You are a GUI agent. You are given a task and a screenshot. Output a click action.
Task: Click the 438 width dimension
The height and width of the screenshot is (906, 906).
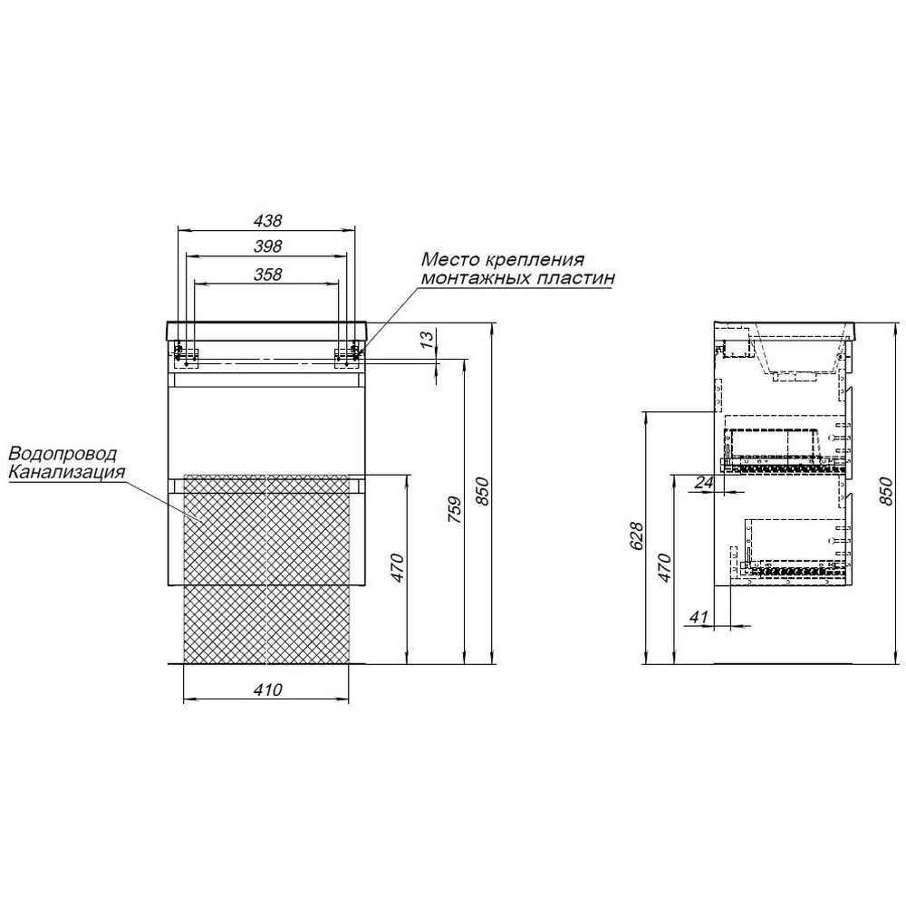pyautogui.click(x=268, y=220)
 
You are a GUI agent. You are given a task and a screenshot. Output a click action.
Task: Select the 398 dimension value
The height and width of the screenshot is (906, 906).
pyautogui.click(x=268, y=246)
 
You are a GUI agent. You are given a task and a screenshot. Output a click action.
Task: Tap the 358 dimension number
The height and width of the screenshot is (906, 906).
pyautogui.click(x=268, y=275)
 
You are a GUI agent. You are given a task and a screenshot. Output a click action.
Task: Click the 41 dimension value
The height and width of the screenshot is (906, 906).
pyautogui.click(x=698, y=617)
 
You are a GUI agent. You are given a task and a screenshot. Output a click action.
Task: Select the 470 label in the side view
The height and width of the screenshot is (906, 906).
pyautogui.click(x=664, y=569)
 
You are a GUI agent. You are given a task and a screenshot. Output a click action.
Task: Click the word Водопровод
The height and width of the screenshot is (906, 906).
pyautogui.click(x=63, y=454)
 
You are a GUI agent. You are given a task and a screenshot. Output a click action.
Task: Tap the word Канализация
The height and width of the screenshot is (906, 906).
pyautogui.click(x=65, y=471)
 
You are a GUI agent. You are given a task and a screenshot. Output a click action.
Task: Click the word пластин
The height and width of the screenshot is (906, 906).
pyautogui.click(x=576, y=279)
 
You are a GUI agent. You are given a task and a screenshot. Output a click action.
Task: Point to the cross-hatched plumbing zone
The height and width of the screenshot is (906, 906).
pyautogui.click(x=266, y=567)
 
